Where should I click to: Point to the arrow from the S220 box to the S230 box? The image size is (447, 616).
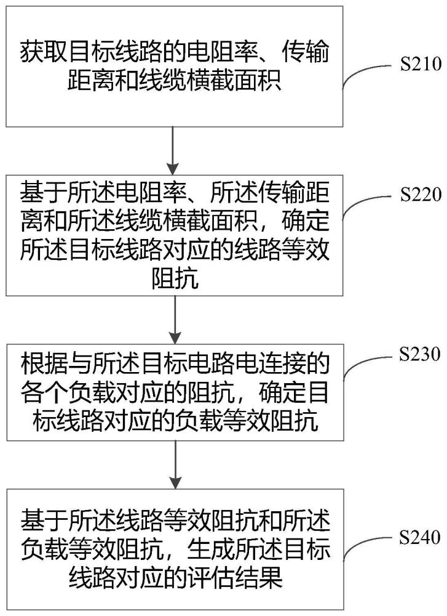(175, 319)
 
